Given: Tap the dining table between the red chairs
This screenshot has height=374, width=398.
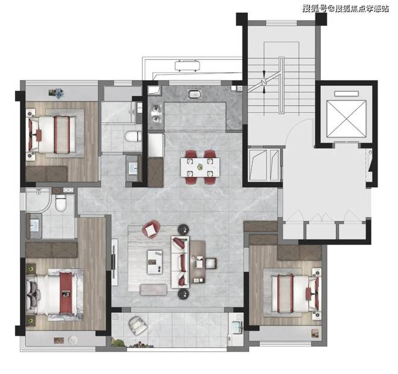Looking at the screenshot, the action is click(200, 167).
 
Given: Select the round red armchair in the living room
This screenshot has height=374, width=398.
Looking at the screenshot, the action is click(151, 229).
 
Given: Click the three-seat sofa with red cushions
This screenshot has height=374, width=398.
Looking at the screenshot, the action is click(180, 262).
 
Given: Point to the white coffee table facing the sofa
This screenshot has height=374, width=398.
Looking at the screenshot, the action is click(154, 262).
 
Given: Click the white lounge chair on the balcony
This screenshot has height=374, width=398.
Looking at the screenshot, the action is click(137, 325).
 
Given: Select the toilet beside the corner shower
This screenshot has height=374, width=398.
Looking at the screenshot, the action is click(61, 202).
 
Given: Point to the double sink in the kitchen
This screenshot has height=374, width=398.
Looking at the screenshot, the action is click(156, 114).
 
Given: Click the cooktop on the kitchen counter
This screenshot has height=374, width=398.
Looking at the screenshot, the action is click(194, 94).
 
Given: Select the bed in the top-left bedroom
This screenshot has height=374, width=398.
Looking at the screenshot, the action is click(51, 135).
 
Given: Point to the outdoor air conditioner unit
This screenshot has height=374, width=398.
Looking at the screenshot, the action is click(188, 66).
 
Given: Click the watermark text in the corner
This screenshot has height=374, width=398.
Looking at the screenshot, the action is click(345, 8).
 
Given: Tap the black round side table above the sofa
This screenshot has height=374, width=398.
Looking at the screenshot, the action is click(183, 230).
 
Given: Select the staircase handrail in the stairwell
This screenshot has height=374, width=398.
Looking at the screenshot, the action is click(281, 85).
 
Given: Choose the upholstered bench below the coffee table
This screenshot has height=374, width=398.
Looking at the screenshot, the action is click(153, 290).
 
